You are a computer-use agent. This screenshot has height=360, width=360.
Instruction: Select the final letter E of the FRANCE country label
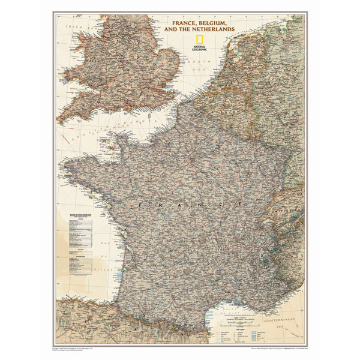pyautogui.click(x=242, y=205)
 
